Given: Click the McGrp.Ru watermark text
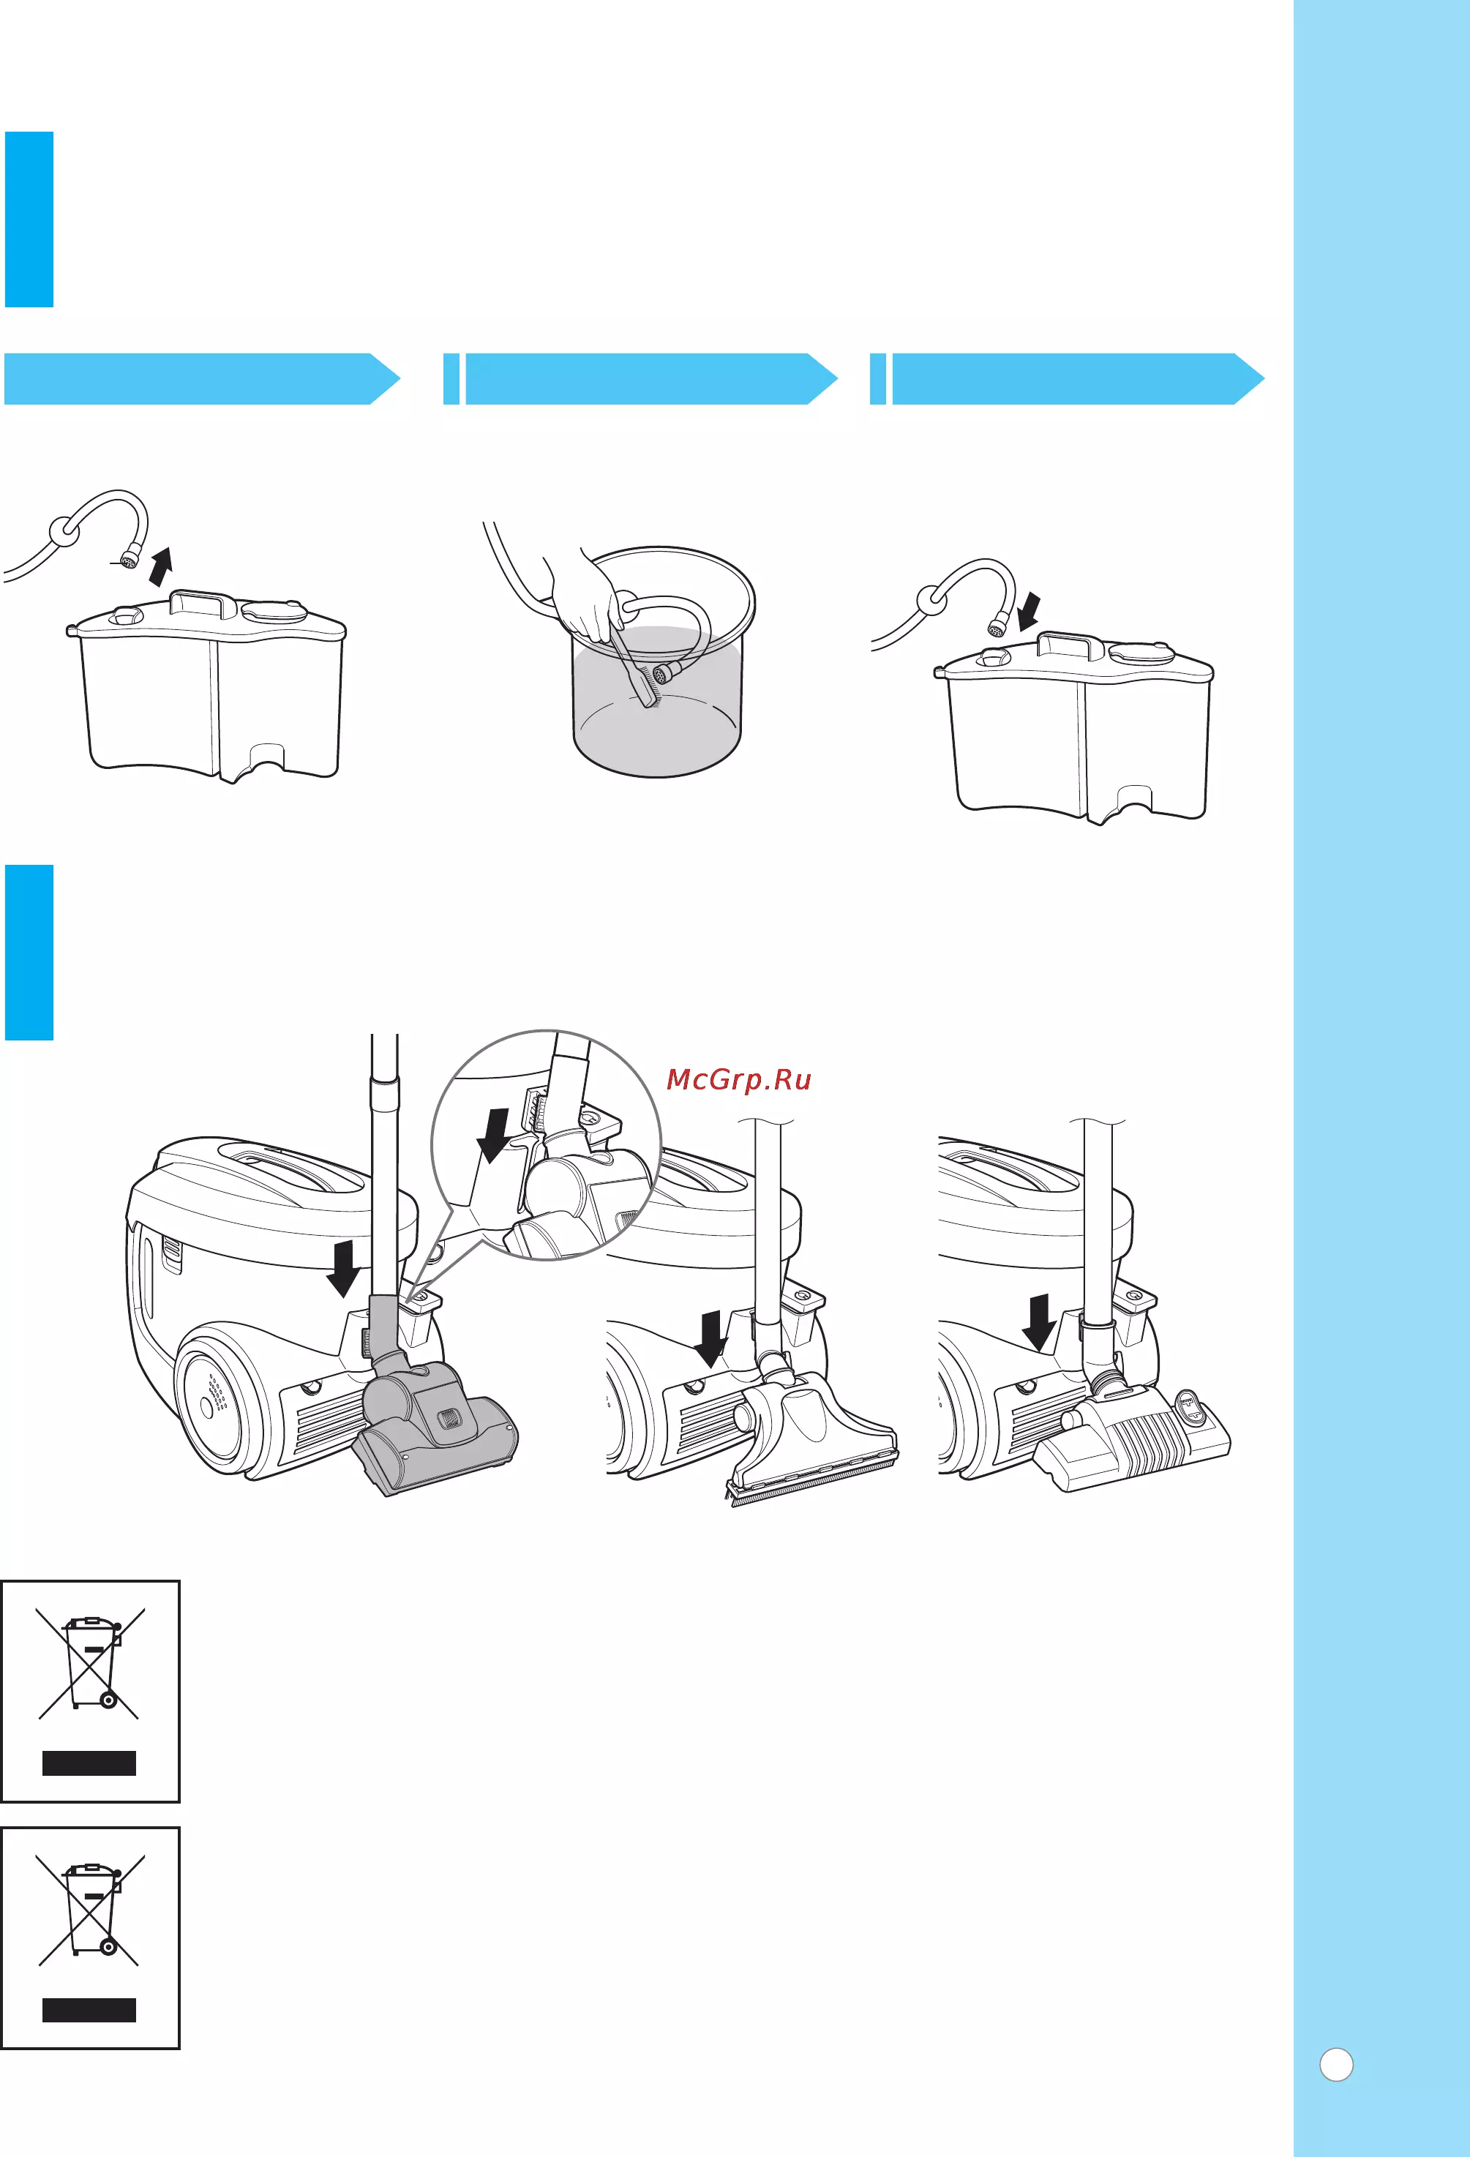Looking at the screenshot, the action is tap(739, 1079).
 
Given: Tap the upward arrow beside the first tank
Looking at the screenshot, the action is tap(162, 566).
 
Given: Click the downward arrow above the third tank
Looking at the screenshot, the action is tap(1028, 612).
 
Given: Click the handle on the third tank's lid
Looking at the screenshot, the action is tap(1070, 645).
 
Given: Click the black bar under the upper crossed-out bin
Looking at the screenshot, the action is tap(89, 1763).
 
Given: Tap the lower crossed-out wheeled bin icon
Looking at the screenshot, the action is tap(90, 1909).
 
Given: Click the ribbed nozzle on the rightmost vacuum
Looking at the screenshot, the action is tap(1132, 1435).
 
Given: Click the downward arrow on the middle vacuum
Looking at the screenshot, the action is tap(711, 1338).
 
